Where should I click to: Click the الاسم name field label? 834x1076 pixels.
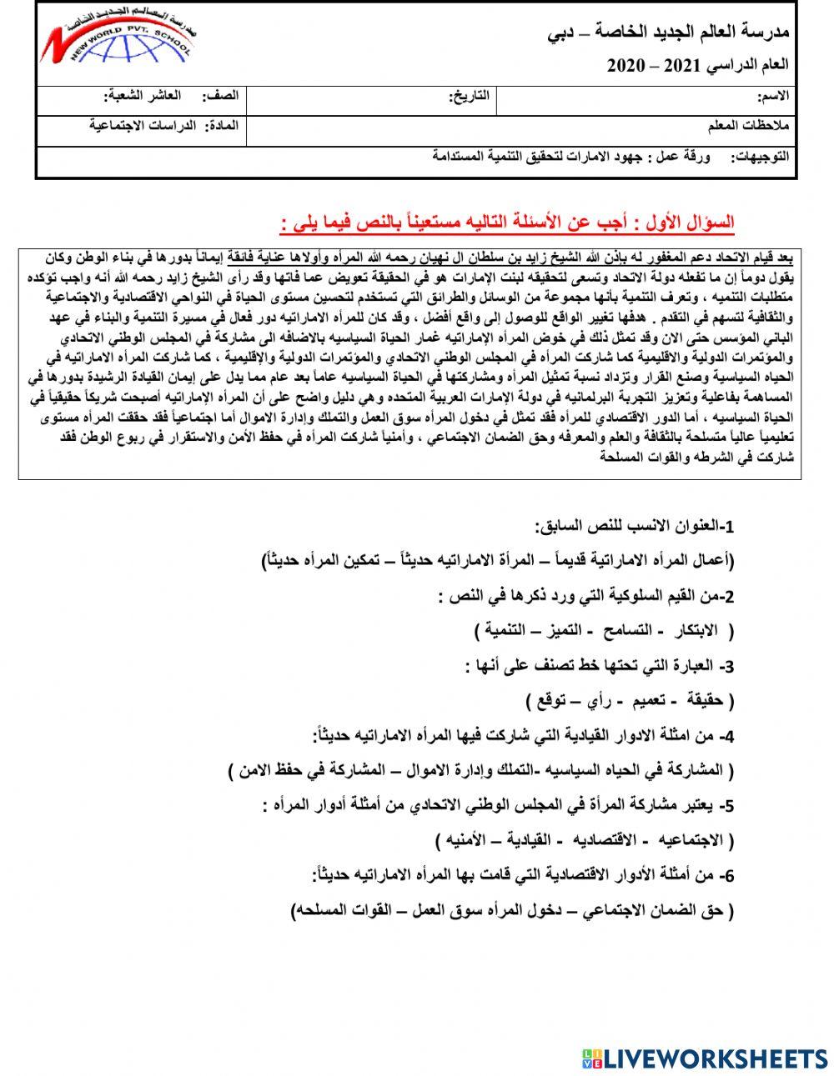tap(771, 98)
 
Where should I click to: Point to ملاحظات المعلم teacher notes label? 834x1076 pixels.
tap(747, 126)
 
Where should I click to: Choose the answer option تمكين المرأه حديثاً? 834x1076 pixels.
tap(316, 560)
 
